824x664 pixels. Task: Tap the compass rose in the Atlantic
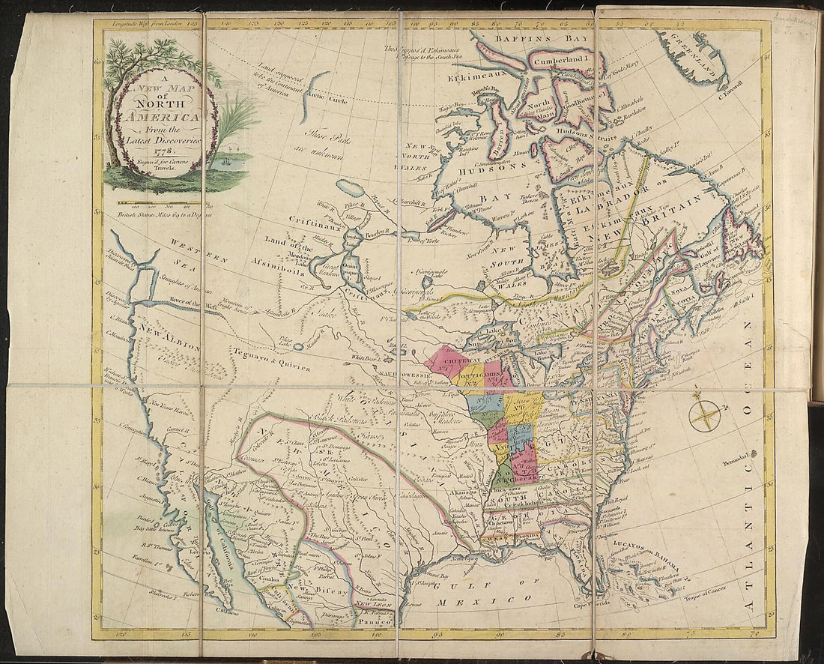pos(705,414)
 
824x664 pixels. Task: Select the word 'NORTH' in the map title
pos(157,105)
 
